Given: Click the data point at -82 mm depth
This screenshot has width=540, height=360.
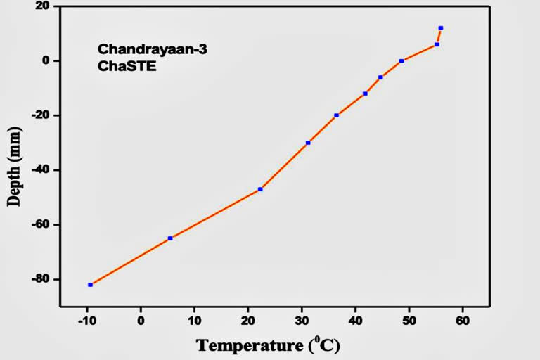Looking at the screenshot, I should point(90,285).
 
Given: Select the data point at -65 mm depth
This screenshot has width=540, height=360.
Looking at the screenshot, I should point(170,238).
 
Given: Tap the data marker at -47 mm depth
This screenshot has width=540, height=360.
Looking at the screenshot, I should point(260,189).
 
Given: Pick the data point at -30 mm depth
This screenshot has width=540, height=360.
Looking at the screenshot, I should point(308,143).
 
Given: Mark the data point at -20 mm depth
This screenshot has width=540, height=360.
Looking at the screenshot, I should point(336,115).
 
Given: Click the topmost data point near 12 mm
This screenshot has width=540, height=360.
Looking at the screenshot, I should point(441,28).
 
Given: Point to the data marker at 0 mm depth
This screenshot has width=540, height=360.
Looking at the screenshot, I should point(401,61).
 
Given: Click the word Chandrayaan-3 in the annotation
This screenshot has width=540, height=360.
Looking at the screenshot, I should point(143,49).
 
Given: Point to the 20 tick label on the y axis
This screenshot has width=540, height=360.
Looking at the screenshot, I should point(43,6).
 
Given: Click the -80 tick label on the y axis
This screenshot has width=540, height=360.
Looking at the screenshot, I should point(40,279).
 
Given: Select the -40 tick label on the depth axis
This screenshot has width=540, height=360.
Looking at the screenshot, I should point(40,170).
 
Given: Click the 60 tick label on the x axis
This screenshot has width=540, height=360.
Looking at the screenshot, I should point(462,320).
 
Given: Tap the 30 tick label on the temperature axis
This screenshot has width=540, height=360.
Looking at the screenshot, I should point(302,320).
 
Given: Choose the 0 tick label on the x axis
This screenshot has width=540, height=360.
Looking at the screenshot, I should point(141,320).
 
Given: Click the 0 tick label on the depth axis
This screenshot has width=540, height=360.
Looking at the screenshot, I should point(46,60).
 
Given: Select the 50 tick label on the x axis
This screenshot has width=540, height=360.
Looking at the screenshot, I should point(409,320).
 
